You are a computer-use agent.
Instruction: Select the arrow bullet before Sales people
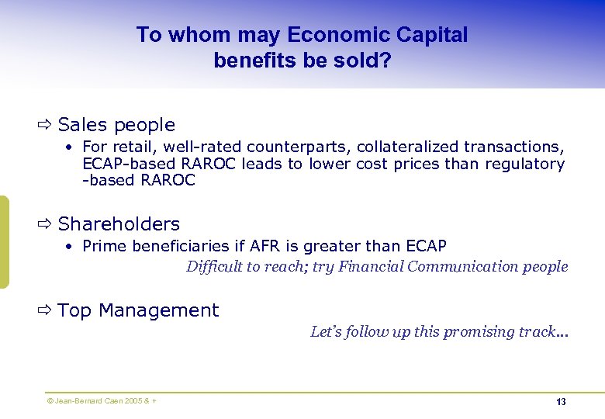pyautogui.click(x=44, y=124)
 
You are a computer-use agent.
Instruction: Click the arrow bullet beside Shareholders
pyautogui.click(x=44, y=223)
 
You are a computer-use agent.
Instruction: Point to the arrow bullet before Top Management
pyautogui.click(x=44, y=310)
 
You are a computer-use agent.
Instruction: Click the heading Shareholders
pyautogui.click(x=119, y=224)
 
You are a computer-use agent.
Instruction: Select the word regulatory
pyautogui.click(x=525, y=164)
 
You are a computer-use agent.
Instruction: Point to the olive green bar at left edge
pyautogui.click(x=4, y=241)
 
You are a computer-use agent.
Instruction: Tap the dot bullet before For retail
pyautogui.click(x=69, y=147)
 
